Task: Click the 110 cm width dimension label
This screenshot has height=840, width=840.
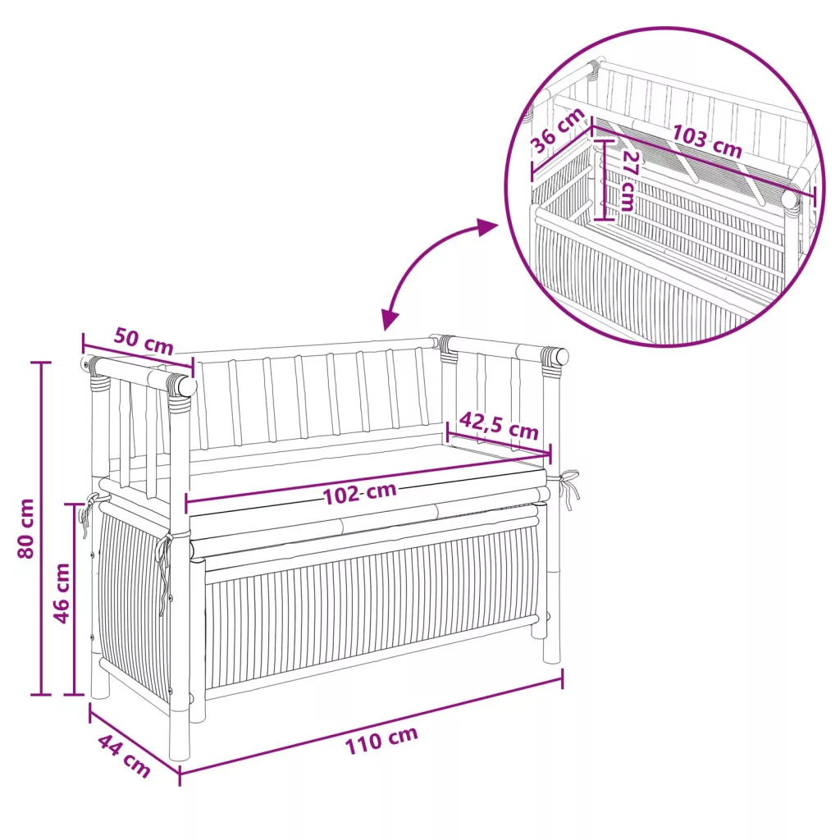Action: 381,741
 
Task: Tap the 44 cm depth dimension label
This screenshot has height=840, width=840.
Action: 124,756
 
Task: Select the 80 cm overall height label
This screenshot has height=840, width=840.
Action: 25,528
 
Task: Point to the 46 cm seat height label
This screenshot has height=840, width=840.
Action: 62,593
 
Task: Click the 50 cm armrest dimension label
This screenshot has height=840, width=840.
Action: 144,342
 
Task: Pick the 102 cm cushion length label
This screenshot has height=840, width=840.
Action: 359,493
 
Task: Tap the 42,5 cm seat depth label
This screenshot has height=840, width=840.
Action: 498,426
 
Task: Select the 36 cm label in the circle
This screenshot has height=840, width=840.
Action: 558,130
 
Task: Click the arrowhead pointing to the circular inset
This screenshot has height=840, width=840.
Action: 487,227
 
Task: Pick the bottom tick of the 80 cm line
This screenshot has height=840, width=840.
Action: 41,695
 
